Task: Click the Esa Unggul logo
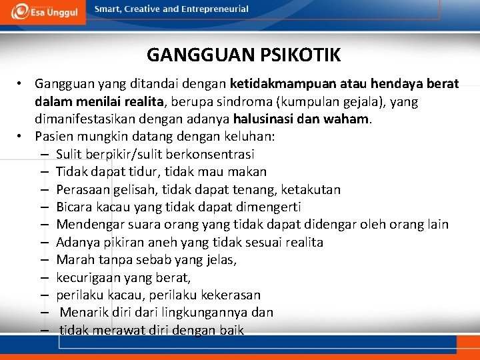click(43, 12)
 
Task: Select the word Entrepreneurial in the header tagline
click(214, 9)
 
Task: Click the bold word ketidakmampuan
click(281, 85)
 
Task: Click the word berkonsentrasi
click(213, 154)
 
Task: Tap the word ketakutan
click(311, 189)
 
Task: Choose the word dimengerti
click(264, 207)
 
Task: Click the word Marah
click(75, 259)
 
